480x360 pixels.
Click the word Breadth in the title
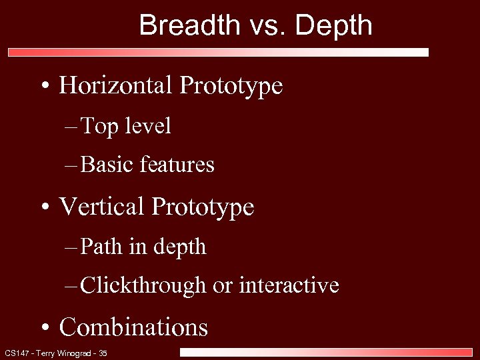point(189,25)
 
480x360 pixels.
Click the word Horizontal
point(116,85)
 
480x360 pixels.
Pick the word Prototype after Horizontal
point(231,87)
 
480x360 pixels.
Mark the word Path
point(100,247)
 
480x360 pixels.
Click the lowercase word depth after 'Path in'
point(180,247)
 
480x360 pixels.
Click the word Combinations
point(133,327)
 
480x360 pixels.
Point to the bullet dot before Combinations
point(45,328)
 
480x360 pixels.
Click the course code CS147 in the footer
point(15,353)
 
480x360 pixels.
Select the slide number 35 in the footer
point(102,353)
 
